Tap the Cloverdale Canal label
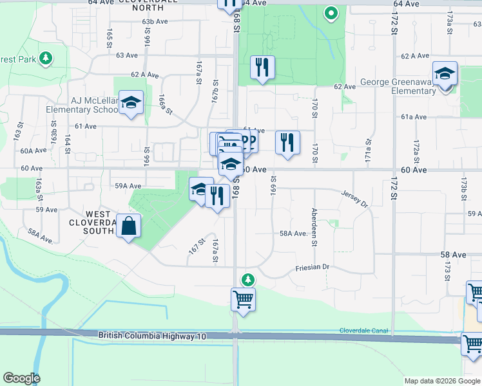(365, 331)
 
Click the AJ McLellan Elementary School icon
(131, 104)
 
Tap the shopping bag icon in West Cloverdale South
(129, 227)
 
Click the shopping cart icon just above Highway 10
(243, 299)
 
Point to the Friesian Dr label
(313, 267)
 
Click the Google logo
(21, 378)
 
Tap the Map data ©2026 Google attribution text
(443, 381)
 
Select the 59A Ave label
(128, 186)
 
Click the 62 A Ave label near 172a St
(415, 56)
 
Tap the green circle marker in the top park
(331, 12)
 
